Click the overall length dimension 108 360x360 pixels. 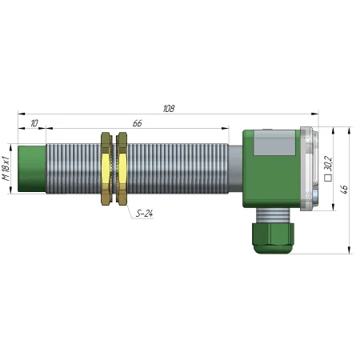tap(169, 109)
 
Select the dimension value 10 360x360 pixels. tap(34, 123)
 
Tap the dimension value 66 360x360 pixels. tap(138, 123)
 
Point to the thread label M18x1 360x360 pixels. tap(6, 168)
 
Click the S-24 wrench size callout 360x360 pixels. tap(144, 214)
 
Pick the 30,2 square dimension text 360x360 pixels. tap(328, 163)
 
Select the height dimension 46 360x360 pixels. tap(345, 189)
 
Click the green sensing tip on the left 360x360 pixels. tap(32, 169)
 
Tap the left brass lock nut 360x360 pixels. tap(106, 169)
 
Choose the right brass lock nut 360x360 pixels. tap(122, 169)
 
